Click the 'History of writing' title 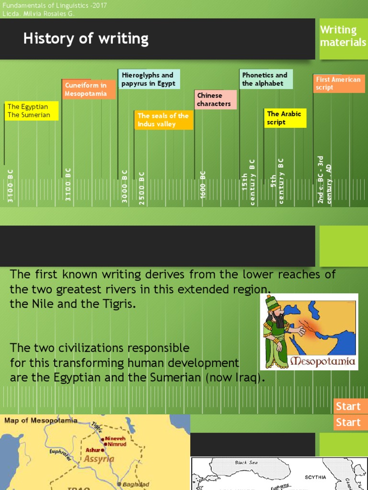86,39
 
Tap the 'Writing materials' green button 343,36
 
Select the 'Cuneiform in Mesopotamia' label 90,89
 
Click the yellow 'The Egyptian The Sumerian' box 32,111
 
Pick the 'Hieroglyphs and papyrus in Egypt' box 149,79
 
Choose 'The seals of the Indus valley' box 163,120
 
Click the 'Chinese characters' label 215,100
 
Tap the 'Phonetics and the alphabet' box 265,79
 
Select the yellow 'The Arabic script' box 285,118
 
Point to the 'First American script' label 339,83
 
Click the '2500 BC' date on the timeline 142,188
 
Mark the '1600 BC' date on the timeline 203,185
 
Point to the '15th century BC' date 249,182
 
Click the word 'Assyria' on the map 99,459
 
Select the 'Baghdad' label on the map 136,484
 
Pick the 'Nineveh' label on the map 115,438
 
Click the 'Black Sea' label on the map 246,463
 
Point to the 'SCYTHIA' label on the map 315,477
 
